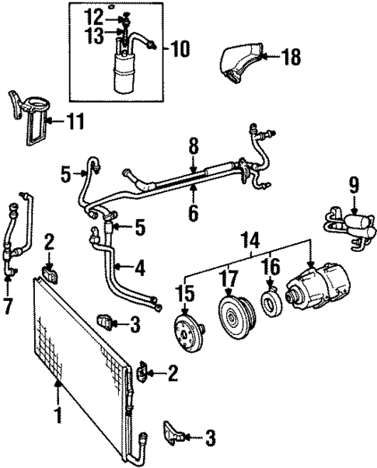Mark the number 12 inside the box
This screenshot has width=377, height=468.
click(93, 15)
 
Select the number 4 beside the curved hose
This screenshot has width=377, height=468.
click(138, 269)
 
